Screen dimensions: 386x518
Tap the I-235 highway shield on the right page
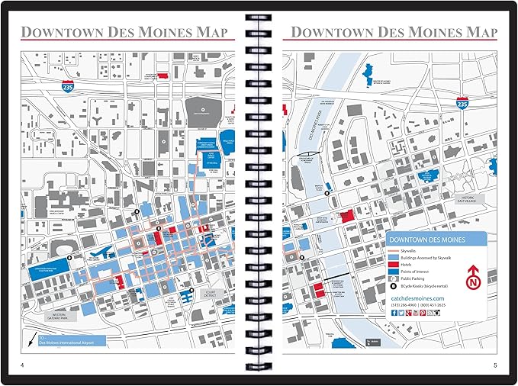[462, 101]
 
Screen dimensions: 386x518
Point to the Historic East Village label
[472, 199]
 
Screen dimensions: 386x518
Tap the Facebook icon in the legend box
[394, 313]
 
